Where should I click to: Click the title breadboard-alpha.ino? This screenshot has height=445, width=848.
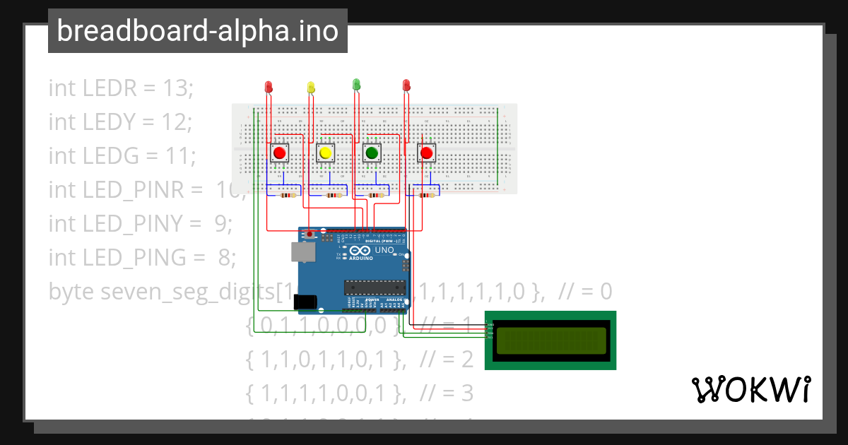pos(197,31)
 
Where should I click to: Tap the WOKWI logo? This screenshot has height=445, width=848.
pos(750,389)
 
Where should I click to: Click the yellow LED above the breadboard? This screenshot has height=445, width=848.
pos(312,87)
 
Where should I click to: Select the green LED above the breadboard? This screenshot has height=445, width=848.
pos(356,84)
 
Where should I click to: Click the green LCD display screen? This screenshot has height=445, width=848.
pos(551,340)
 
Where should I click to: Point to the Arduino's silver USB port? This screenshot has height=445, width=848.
pos(302,252)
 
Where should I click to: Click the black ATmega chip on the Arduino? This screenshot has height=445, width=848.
pos(375,287)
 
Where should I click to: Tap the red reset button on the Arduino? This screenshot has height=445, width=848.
pos(310,233)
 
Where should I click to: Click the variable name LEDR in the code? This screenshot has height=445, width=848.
pos(107,88)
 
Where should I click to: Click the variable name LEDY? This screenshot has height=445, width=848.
pos(107,122)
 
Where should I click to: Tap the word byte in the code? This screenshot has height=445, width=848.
pos(72,291)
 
